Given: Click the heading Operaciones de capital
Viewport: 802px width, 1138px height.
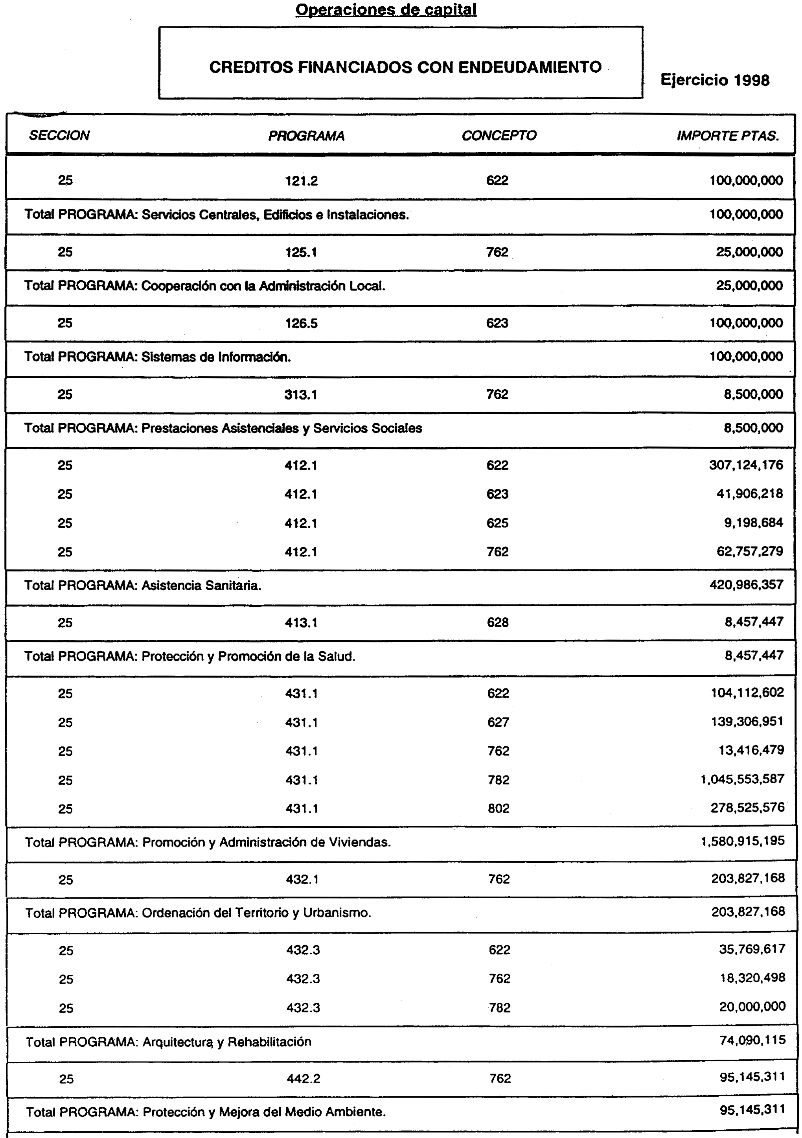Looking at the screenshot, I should click(386, 9).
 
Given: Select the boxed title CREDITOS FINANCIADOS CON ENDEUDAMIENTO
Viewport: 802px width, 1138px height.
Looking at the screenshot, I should click(405, 67).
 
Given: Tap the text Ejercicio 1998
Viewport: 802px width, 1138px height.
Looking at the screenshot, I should click(714, 80).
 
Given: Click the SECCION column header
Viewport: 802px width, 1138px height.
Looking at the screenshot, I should click(59, 136).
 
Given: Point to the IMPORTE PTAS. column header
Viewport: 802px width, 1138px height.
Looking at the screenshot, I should click(727, 136).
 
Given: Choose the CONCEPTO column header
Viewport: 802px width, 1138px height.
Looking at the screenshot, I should click(498, 136).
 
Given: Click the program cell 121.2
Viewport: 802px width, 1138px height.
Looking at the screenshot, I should click(302, 181).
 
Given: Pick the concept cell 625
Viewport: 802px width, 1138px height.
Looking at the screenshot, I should click(497, 523).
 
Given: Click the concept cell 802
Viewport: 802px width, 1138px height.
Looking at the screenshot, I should click(498, 808).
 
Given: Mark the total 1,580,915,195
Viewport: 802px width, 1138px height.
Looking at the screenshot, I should click(743, 841).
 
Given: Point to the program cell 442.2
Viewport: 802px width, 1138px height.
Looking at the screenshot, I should click(303, 1079).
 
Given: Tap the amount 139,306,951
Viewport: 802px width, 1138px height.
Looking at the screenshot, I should click(747, 721).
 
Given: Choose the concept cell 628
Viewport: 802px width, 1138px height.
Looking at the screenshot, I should click(498, 622).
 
